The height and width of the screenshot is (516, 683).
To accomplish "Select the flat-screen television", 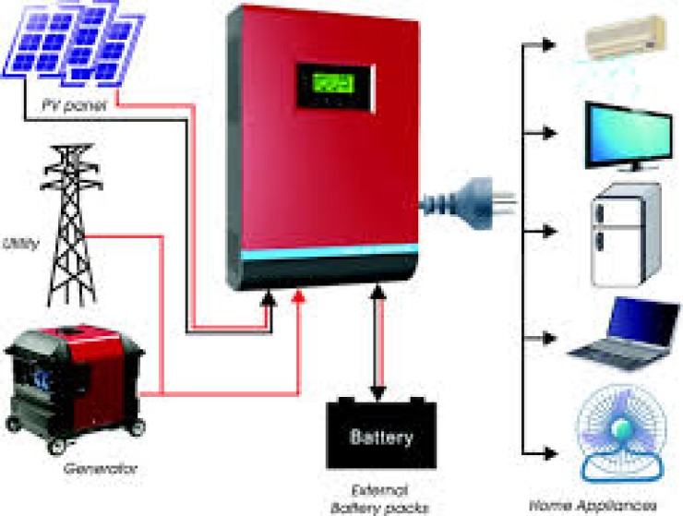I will click(628, 136).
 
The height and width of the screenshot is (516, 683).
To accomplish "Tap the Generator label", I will click(101, 469).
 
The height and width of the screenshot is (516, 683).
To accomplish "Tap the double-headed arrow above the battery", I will click(376, 341).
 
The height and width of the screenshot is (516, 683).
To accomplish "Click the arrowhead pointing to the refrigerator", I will click(550, 228).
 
